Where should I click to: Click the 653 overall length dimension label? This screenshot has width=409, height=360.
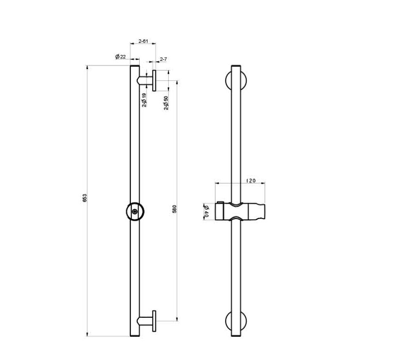click(x=84, y=198)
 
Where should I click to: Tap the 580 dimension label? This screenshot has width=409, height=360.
click(x=174, y=209)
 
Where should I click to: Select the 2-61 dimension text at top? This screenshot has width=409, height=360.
click(x=143, y=41)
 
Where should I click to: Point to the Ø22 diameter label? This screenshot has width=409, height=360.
click(x=121, y=56)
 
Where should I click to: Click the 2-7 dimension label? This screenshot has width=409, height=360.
click(x=163, y=59)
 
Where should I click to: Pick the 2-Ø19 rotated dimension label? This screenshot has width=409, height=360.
click(x=144, y=100)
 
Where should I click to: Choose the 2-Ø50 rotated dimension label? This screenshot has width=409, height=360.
click(x=166, y=103)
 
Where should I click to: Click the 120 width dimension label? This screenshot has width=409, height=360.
click(x=251, y=180)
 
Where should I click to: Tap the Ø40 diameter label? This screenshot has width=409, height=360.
click(x=207, y=212)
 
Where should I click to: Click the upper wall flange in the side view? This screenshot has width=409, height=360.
click(x=154, y=81)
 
